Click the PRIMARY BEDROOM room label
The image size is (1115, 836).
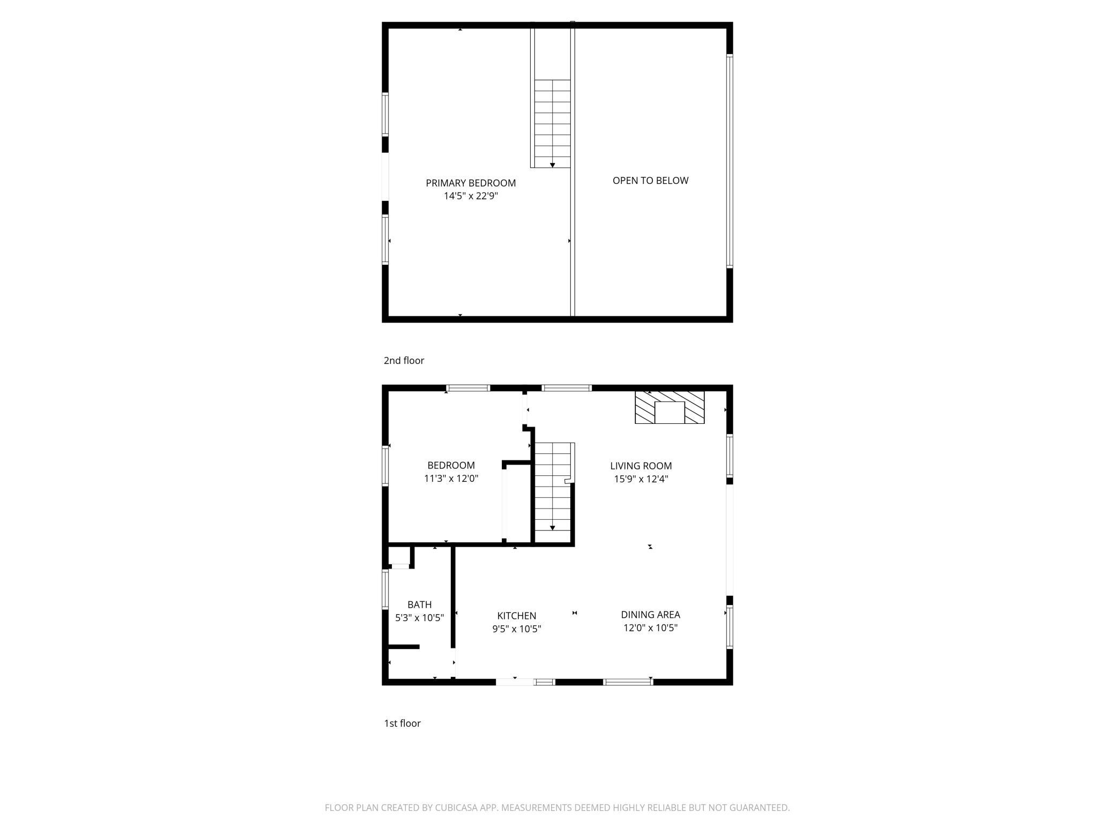(471, 183)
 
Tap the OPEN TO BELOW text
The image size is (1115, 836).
(650, 181)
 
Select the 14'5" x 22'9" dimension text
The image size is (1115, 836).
(471, 196)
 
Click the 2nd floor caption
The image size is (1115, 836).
(404, 361)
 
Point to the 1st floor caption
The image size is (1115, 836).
(402, 723)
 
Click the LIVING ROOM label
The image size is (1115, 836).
(641, 466)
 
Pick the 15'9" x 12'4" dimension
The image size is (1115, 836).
(641, 479)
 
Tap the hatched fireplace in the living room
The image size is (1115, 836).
(670, 407)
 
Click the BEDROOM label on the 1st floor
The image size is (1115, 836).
(451, 466)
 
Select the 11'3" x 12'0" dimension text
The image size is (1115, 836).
(451, 479)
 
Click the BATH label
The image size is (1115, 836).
(419, 604)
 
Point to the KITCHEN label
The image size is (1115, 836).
(516, 616)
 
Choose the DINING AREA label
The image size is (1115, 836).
(650, 615)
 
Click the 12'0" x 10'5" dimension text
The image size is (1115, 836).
(650, 628)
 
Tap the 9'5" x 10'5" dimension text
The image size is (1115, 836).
(516, 629)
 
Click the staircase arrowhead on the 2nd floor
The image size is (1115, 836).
(552, 165)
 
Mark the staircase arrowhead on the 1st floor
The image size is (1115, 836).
(552, 528)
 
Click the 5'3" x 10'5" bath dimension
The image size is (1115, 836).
(419, 618)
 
